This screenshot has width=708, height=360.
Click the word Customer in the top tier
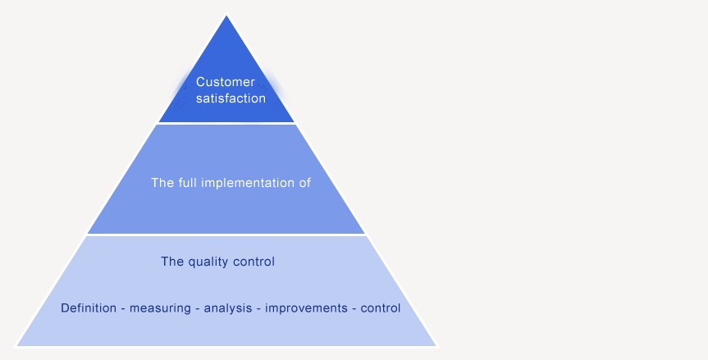(x=226, y=82)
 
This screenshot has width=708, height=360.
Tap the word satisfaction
(x=231, y=98)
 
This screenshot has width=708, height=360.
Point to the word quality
(x=209, y=262)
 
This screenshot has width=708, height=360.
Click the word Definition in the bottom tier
(x=88, y=308)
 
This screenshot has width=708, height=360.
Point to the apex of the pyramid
(x=226, y=16)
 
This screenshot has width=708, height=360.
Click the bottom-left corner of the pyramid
(x=17, y=345)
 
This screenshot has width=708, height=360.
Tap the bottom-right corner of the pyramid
(x=436, y=345)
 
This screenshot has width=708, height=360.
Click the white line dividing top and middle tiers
(x=226, y=123)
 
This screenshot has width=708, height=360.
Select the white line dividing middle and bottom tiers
(x=226, y=235)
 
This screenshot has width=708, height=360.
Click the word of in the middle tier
(x=304, y=183)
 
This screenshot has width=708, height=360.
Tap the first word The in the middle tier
(x=162, y=183)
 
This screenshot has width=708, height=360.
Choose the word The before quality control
(x=172, y=262)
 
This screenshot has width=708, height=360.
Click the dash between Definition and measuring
(x=123, y=308)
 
